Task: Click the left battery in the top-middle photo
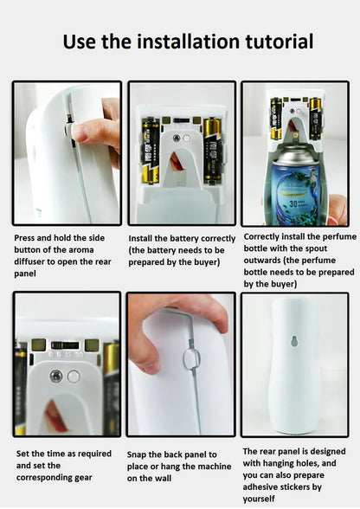pos(151,151)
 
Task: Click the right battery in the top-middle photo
pos(213,150)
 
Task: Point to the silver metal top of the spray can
pos(295,154)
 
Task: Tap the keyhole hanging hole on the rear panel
pos(294,341)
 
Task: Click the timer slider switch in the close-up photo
pos(65,345)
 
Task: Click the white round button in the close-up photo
pos(74,377)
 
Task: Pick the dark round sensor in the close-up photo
pos(56,377)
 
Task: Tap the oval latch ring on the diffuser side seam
pos(191,358)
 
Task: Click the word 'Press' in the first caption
pos(24,238)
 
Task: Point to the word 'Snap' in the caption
pos(137,454)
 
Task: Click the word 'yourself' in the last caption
pos(259,499)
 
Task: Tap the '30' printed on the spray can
pos(293,203)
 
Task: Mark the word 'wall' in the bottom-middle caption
pos(163,478)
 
